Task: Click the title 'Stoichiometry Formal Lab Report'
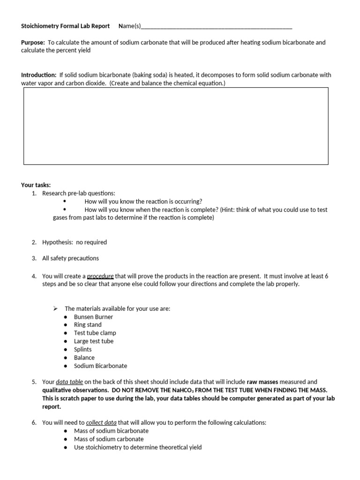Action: [65, 26]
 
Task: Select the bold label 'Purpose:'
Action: [33, 43]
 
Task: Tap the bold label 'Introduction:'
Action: [39, 75]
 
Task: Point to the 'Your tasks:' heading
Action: [36, 185]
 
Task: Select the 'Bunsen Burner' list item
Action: [93, 316]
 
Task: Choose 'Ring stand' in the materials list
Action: [88, 324]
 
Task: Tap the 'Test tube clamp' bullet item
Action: [95, 333]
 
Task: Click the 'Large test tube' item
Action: [93, 341]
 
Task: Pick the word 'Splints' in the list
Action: [82, 349]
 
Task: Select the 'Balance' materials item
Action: [84, 358]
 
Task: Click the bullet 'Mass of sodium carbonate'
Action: [109, 439]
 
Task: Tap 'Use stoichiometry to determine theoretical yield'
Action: [138, 447]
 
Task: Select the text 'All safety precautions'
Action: [70, 258]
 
